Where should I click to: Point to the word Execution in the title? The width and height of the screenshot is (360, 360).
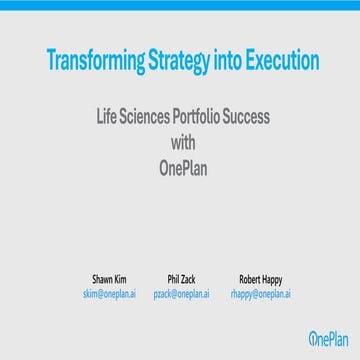tap(277, 61)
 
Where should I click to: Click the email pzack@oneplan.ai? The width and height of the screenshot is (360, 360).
tap(181, 295)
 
